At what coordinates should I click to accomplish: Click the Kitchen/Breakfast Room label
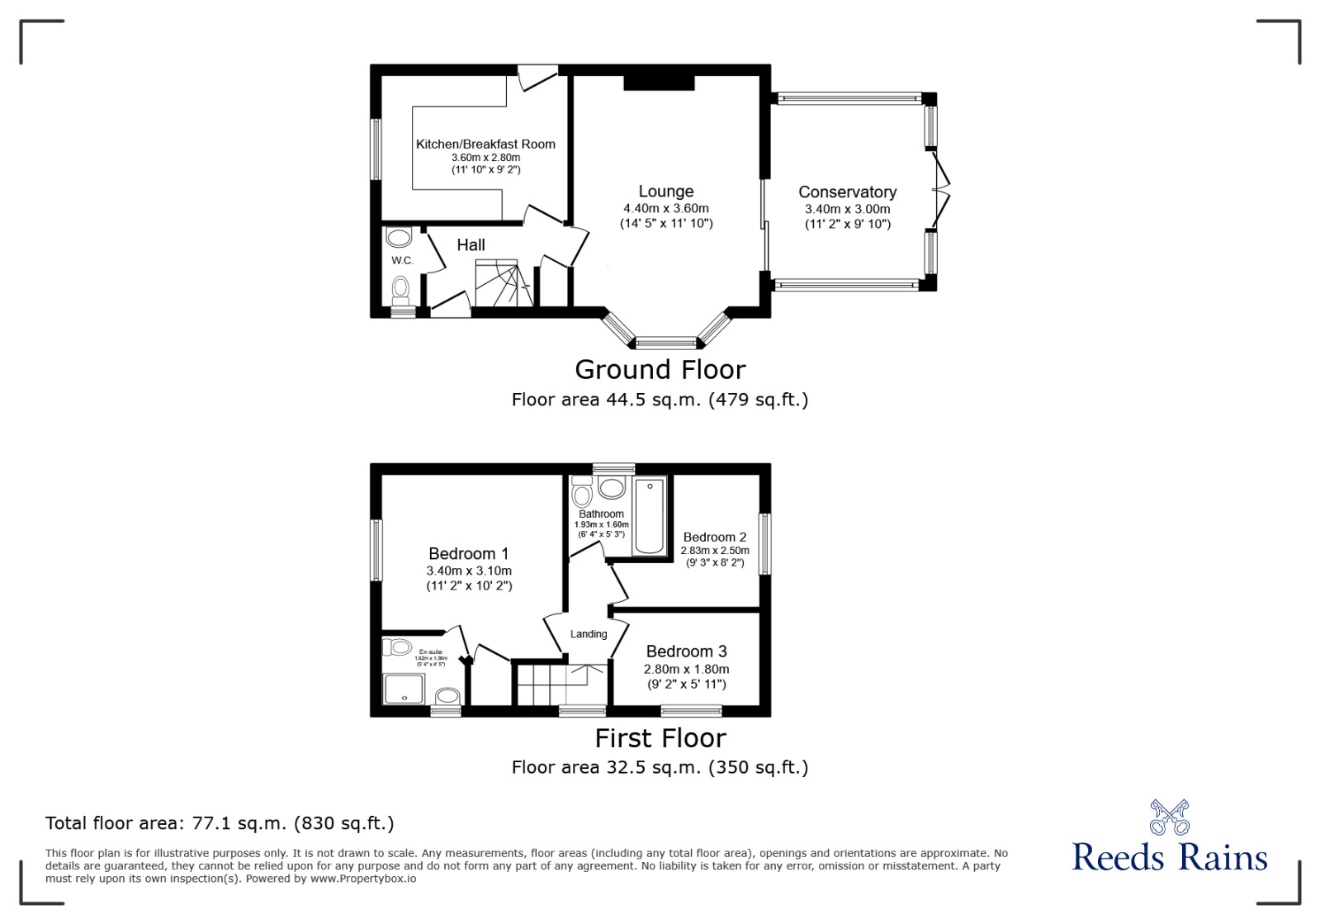tap(485, 145)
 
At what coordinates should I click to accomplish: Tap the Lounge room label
tap(665, 192)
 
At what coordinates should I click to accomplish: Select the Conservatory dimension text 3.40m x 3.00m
tap(847, 210)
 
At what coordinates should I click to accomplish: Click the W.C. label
tap(402, 261)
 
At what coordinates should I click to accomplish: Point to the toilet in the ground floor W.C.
tap(400, 289)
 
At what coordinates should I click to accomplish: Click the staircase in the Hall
tap(499, 283)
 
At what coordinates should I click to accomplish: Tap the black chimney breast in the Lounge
tap(659, 82)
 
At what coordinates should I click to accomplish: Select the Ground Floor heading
tap(660, 369)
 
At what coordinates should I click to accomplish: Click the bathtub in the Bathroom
tap(650, 516)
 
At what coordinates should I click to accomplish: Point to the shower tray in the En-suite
tap(404, 689)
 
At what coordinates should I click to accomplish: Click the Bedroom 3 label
tap(686, 652)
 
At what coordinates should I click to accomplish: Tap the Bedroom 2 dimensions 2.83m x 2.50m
tap(715, 551)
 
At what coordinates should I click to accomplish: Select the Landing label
tap(589, 634)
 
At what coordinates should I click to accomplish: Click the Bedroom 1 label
tap(468, 554)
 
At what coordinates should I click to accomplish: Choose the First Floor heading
tap(660, 737)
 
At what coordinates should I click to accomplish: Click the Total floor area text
tap(220, 823)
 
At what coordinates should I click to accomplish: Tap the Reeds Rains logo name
tap(1169, 858)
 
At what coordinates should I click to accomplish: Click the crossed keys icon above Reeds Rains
tap(1169, 817)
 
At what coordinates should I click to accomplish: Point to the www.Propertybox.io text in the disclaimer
tap(363, 879)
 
